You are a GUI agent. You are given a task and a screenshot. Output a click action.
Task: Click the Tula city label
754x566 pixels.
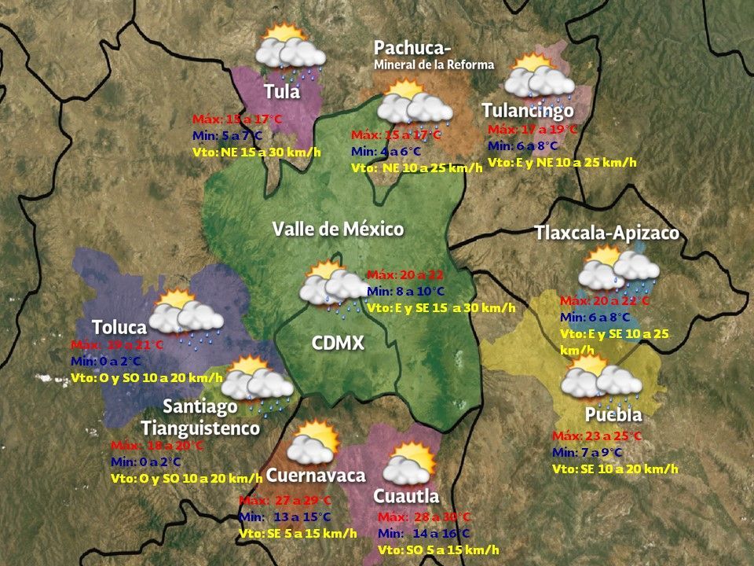pos(282,91)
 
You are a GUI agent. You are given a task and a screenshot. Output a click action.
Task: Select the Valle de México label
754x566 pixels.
pos(338,230)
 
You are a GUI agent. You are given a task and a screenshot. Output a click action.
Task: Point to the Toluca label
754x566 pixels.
pos(119,327)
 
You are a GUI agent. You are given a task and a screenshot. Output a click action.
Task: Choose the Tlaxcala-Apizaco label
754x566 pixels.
pos(606,233)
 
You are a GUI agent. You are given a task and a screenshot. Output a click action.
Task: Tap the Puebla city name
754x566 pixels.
pos(613,414)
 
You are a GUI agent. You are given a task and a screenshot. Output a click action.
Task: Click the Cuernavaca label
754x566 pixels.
pos(316,476)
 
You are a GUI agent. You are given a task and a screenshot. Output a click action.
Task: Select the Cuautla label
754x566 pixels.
pos(406,496)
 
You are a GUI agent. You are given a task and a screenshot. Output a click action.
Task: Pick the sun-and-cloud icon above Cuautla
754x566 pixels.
pos(409,464)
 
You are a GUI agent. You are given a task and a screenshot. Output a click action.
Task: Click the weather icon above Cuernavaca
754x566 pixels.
pos(313,443)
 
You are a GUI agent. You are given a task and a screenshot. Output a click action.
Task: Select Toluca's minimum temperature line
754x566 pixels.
pos(105,361)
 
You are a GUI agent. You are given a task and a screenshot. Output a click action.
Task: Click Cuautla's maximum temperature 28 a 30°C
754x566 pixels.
pos(424,517)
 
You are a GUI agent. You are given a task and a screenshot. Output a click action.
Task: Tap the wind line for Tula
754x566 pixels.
pos(257,152)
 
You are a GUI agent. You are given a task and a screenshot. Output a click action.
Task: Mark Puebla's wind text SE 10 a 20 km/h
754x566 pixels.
pos(615,469)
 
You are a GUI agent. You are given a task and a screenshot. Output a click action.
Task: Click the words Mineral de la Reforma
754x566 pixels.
pos(434,64)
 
